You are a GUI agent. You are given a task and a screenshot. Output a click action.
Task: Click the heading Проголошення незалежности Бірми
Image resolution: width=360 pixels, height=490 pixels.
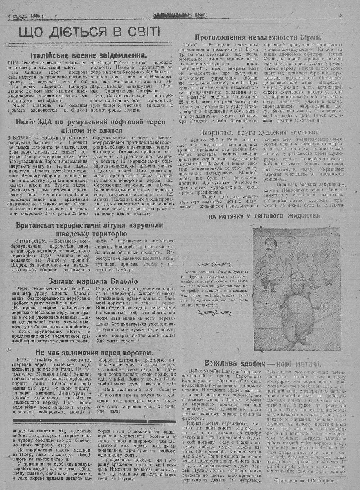[x=258, y=37]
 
